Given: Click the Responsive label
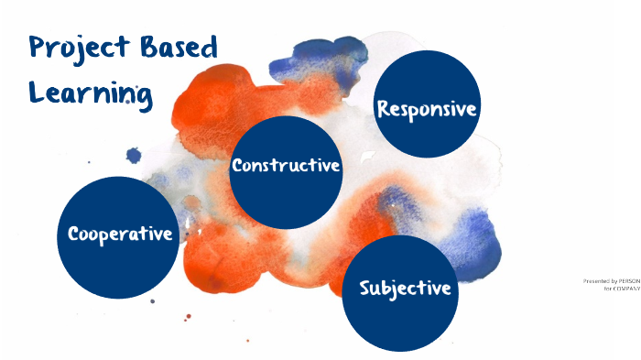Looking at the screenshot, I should click(x=428, y=108).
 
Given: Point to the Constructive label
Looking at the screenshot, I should click(x=286, y=166).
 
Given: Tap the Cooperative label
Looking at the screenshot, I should click(x=120, y=234).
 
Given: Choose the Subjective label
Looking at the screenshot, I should click(x=405, y=288).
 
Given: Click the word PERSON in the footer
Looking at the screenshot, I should click(x=628, y=281).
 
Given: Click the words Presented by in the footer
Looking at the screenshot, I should click(x=600, y=281).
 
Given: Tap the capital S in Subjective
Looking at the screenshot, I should click(x=366, y=288).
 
